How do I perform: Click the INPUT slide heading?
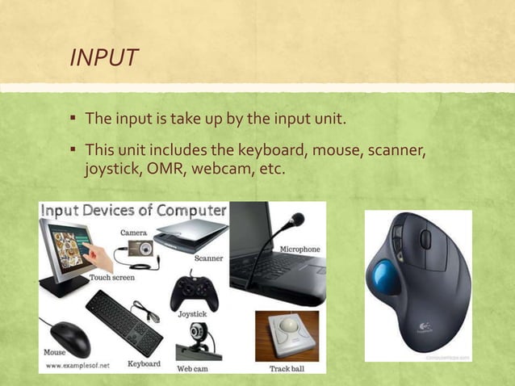click(x=104, y=58)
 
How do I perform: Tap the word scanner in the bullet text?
click(x=391, y=151)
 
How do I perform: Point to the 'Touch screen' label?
click(x=112, y=277)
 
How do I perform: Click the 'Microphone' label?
click(x=300, y=250)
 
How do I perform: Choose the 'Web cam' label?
click(x=194, y=368)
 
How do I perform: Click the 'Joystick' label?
click(x=192, y=313)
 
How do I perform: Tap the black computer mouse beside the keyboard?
click(x=70, y=338)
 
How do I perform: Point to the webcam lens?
click(x=197, y=333)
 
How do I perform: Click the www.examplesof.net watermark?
click(x=78, y=364)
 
